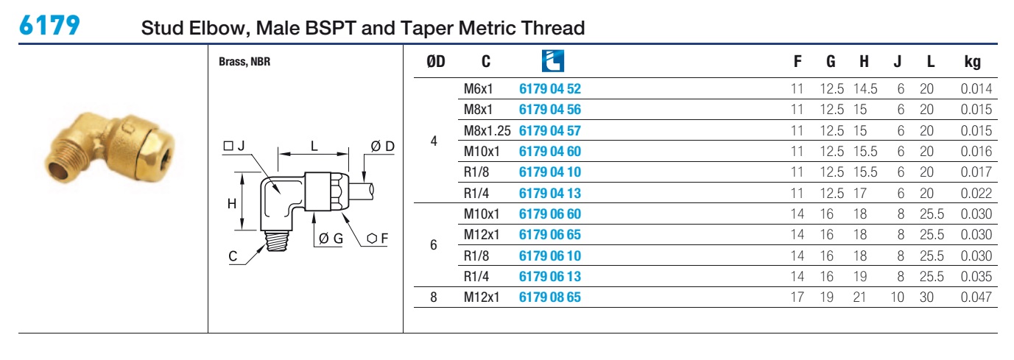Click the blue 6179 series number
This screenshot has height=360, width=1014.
pos(49,25)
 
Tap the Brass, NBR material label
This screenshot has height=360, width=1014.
pos(244,62)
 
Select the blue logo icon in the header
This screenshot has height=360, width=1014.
pos(553,60)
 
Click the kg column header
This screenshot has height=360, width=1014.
pos(972,62)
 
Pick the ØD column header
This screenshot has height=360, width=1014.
pos(435,61)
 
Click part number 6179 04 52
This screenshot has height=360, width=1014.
pos(550,89)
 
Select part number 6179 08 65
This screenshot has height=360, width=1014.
pos(550,297)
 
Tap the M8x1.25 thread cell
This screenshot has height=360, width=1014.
pos(487,131)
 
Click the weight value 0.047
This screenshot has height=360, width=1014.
pos(976,297)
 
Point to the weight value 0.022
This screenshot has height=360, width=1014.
pos(976,194)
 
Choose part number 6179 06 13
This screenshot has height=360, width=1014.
pos(550,276)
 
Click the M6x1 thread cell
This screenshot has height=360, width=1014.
pos(478,89)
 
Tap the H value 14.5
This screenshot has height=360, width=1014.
pos(865,89)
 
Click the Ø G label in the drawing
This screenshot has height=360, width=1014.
pos(331,239)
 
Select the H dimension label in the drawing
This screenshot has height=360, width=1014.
pos(232,204)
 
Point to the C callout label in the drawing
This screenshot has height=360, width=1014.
pos(233,256)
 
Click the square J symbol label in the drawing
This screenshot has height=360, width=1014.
pos(234,146)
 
